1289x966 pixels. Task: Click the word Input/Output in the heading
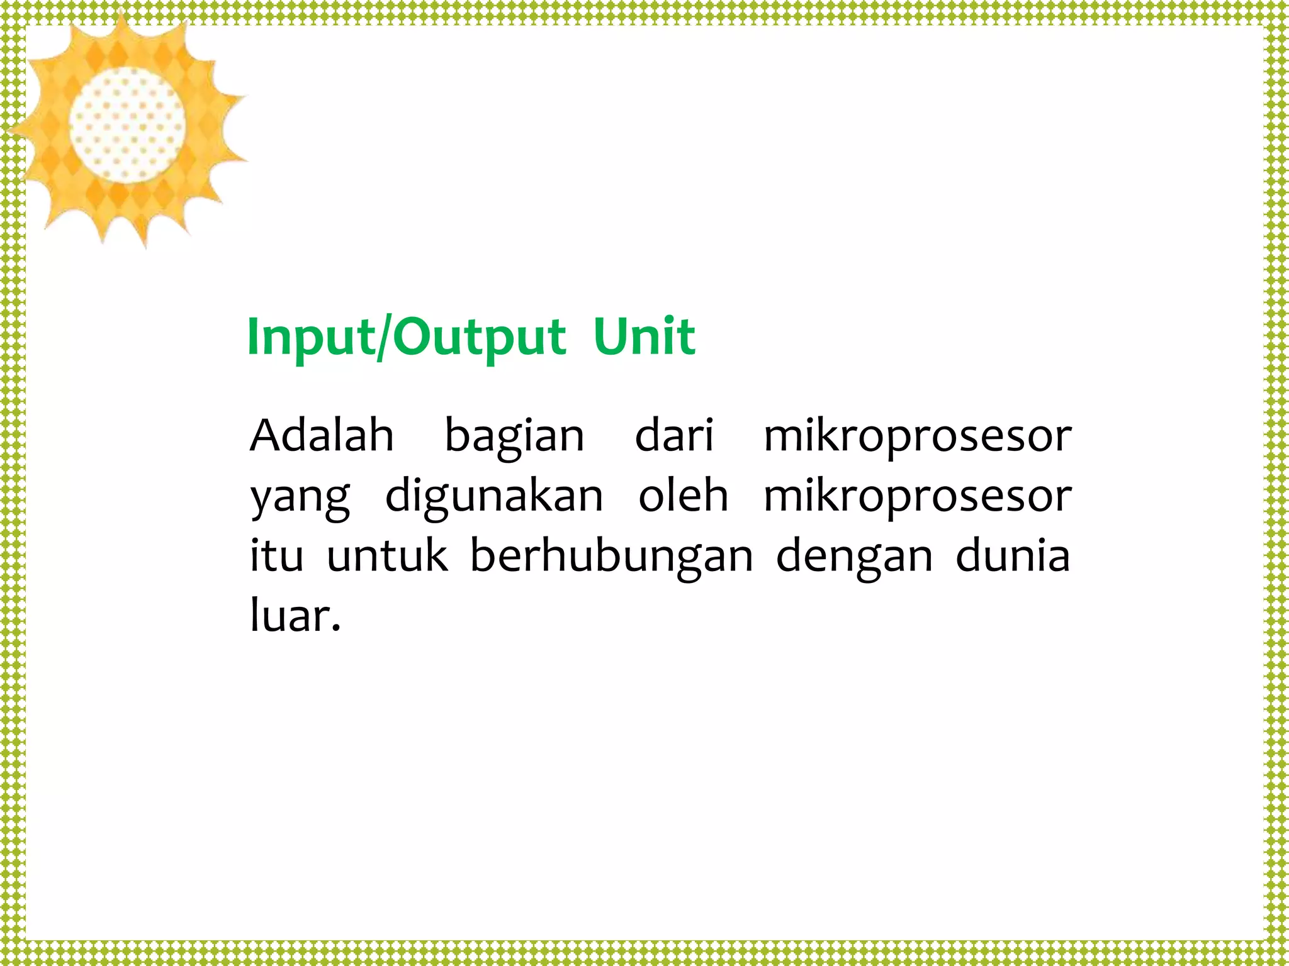click(407, 338)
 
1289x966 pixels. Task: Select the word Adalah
click(322, 435)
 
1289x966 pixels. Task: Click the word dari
click(674, 435)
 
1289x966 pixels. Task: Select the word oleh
click(683, 496)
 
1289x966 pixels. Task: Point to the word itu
click(276, 556)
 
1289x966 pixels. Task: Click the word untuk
click(387, 556)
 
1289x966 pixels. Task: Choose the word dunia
click(1013, 556)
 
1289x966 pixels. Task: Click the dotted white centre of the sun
click(127, 125)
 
